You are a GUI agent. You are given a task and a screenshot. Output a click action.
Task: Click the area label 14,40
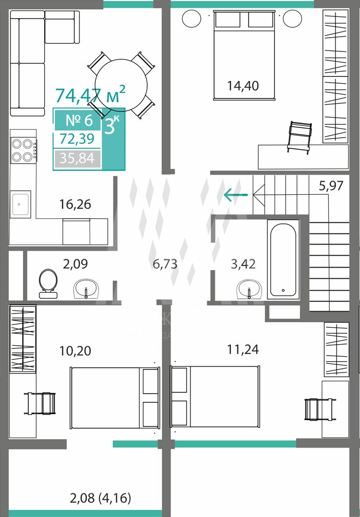pos(243,85)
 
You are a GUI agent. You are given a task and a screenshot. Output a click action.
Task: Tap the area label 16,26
pos(75,205)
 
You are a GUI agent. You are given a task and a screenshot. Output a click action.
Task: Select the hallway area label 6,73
pos(165,264)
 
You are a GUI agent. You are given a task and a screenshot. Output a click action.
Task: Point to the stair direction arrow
pos(236,193)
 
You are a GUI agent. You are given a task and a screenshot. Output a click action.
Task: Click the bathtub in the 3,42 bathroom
pos(283,259)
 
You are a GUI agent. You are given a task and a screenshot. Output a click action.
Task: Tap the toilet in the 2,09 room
pos(49,282)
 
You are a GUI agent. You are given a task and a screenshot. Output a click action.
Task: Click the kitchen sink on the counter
pos(21,204)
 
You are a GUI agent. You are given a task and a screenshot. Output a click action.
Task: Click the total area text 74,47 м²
pos(90,95)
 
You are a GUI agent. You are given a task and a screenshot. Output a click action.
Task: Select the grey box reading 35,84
pos(78,159)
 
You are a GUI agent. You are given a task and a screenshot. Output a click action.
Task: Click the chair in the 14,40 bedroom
pos(299,135)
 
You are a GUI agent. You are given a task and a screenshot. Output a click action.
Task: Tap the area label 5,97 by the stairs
pos(330,185)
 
